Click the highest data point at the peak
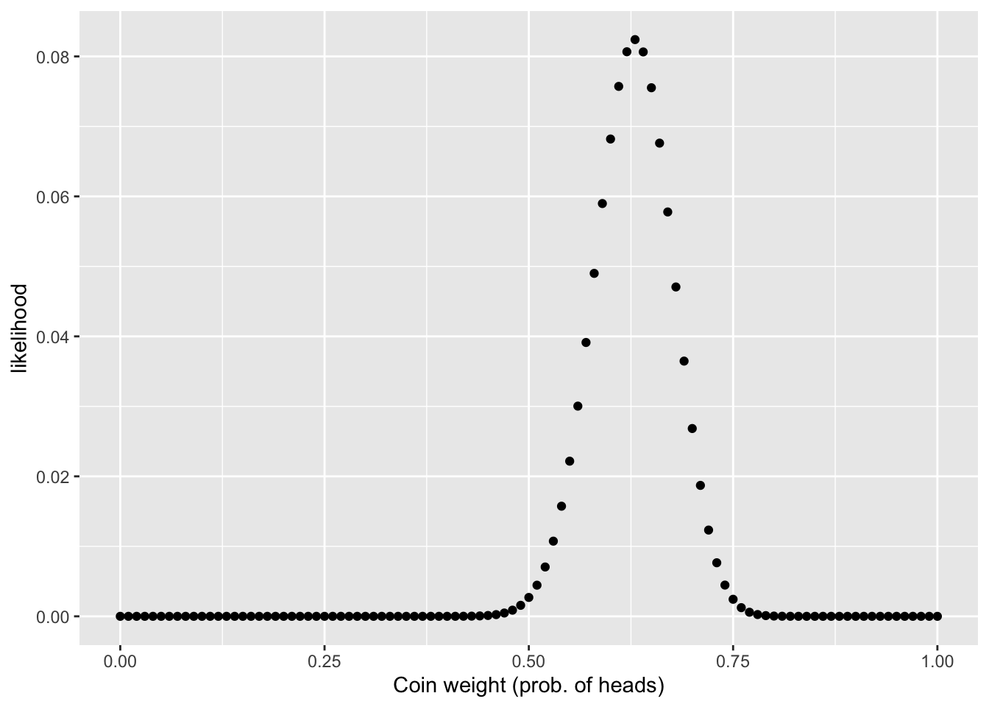tap(635, 40)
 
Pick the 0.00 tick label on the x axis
tap(120, 662)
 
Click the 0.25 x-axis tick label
tap(325, 662)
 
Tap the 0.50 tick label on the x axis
tap(528, 662)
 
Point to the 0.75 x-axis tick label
tap(733, 662)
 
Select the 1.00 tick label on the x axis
tap(937, 662)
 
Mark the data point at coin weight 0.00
tap(120, 616)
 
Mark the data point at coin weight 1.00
tap(937, 616)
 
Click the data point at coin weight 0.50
tap(528, 597)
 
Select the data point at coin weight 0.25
tap(325, 616)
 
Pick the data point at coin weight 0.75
tap(733, 599)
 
